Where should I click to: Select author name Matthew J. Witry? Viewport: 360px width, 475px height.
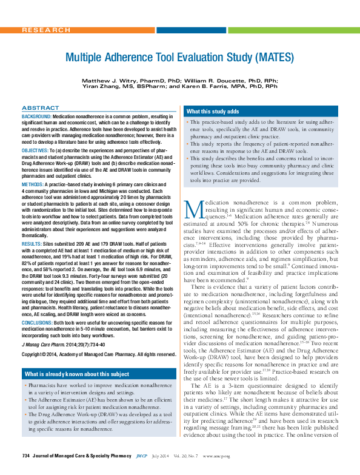tap(109, 80)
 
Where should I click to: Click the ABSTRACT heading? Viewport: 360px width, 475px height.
tap(40, 107)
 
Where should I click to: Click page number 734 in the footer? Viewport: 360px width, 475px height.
tap(25, 471)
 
